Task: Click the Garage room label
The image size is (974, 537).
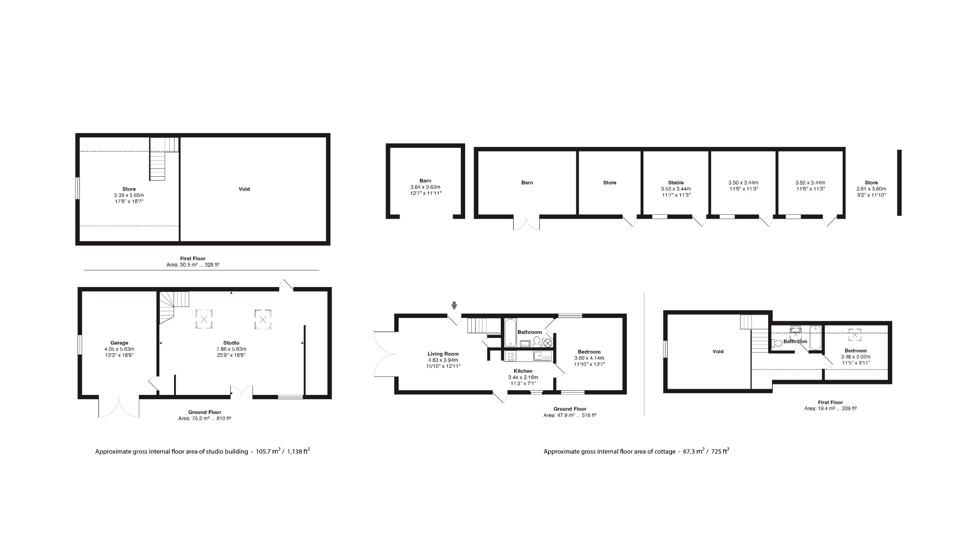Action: coord(119,343)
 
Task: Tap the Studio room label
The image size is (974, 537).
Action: coord(231,343)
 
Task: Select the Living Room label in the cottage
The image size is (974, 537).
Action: coord(443,354)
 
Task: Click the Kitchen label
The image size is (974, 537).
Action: coord(523,371)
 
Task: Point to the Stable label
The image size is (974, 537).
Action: coord(675,183)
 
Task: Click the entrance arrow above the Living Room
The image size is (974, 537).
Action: coord(454,306)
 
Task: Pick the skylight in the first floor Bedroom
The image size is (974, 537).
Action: coord(856,336)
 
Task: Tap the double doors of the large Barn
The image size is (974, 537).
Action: coord(526,223)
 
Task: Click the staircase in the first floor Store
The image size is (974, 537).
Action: coord(159,159)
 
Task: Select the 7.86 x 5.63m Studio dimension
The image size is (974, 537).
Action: coord(231,349)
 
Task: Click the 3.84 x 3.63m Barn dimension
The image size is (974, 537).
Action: coord(425,187)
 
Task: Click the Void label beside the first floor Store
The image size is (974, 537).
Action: coord(244,189)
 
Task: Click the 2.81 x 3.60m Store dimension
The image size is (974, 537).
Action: coord(871,189)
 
